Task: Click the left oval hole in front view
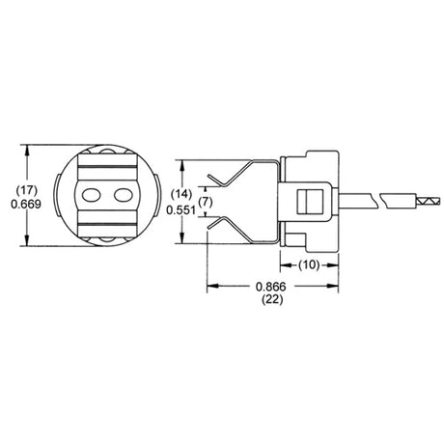point(94,194)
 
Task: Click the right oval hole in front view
point(123,194)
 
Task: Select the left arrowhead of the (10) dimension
point(284,263)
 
